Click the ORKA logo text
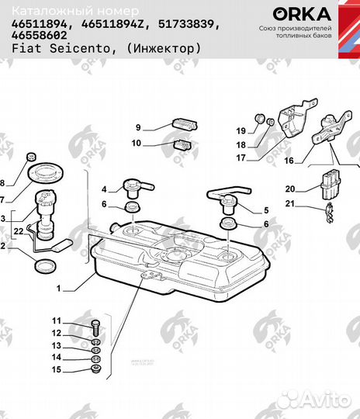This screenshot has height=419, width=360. click(x=302, y=13)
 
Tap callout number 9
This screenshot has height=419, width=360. click(x=138, y=128)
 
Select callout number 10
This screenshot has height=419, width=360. click(x=137, y=143)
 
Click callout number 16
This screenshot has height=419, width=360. click(x=289, y=162)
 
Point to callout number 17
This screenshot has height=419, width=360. click(x=241, y=158)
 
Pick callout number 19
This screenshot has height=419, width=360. click(x=241, y=130)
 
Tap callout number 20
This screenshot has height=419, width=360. click(x=289, y=189)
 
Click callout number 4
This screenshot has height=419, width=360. click(x=103, y=189)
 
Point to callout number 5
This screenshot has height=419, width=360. click(x=266, y=210)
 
